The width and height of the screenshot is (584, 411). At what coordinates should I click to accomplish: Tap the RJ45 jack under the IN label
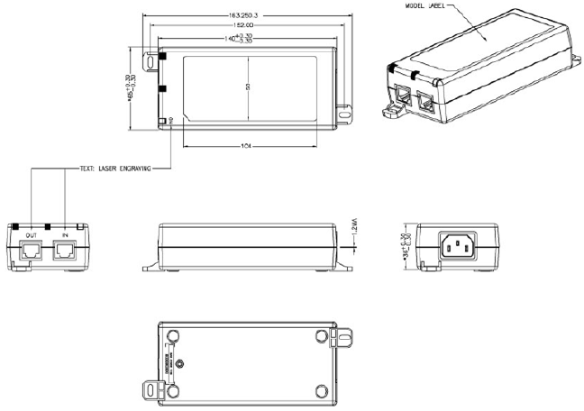coord(65,251)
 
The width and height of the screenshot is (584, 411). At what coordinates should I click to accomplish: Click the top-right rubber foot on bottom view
coord(321,336)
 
